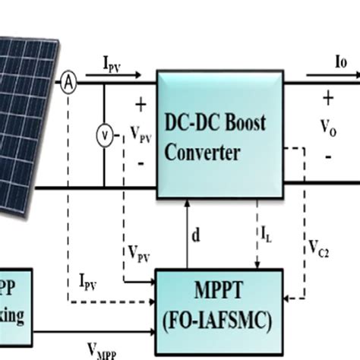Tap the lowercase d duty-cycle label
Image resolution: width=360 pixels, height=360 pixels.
(x=196, y=235)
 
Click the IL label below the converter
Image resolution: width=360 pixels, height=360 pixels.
(x=268, y=238)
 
